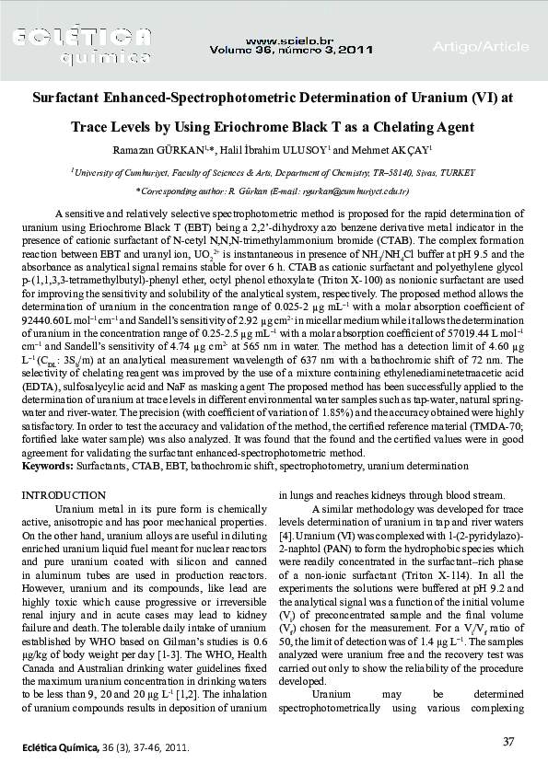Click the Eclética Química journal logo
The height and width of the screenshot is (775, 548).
(x=84, y=45)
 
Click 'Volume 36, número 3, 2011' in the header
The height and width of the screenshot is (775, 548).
(x=292, y=51)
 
